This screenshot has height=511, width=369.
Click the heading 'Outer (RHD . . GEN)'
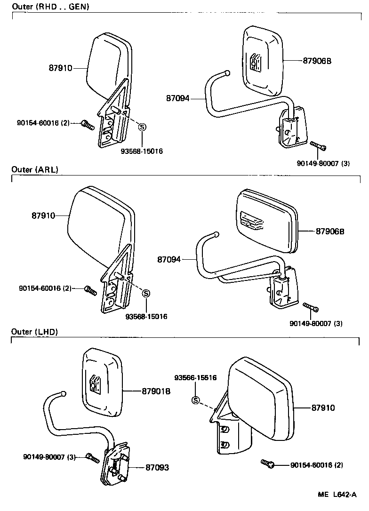pyautogui.click(x=50, y=7)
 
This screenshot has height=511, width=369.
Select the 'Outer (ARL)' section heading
pyautogui.click(x=35, y=169)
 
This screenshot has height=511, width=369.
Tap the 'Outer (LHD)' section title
pyautogui.click(x=34, y=332)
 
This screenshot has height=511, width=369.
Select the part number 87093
pyautogui.click(x=157, y=468)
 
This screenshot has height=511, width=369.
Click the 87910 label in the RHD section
pyautogui.click(x=60, y=68)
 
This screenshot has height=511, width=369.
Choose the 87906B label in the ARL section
pyautogui.click(x=330, y=232)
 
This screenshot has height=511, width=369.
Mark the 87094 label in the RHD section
pyautogui.click(x=177, y=98)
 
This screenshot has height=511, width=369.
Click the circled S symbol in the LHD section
pyautogui.click(x=196, y=400)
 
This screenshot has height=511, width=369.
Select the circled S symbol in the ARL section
pyautogui.click(x=146, y=293)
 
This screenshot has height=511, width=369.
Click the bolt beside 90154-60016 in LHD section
pyautogui.click(x=268, y=464)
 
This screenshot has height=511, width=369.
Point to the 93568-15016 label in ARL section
pyautogui.click(x=146, y=316)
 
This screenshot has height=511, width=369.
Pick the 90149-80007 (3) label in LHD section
pyautogui.click(x=49, y=456)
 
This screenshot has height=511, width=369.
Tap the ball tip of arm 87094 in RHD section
pyautogui.click(x=228, y=73)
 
